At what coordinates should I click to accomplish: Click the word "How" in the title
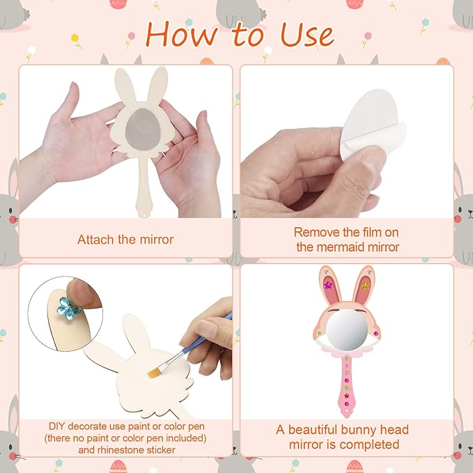pos(182,35)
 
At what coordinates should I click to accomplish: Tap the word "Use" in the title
pos(307,36)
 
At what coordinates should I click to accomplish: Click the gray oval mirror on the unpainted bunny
pos(143,130)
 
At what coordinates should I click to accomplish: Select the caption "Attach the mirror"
pos(125,240)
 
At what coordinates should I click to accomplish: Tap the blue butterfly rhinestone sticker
pos(69,309)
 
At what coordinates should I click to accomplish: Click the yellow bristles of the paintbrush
pos(154,373)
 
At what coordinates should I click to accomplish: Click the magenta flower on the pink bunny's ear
pos(328,285)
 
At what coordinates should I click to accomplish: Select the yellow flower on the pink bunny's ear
pos(365,286)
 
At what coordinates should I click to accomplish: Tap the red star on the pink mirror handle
pos(347,396)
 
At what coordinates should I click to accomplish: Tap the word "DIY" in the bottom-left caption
pos(57,426)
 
